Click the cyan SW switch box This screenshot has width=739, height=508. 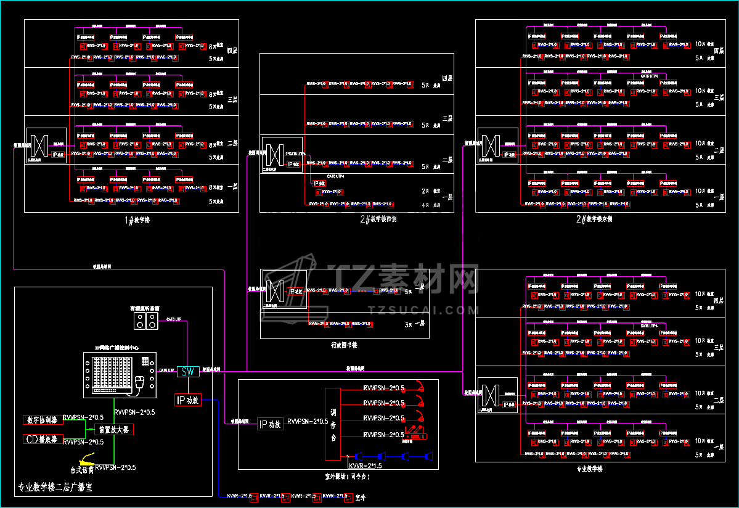[188, 371]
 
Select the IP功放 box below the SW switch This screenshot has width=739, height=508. [188, 400]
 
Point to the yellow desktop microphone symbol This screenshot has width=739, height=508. [86, 459]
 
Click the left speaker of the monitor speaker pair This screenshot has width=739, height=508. [141, 321]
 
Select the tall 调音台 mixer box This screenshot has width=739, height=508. [333, 424]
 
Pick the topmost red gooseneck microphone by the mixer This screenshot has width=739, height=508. [419, 387]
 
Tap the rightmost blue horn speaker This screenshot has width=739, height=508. [428, 457]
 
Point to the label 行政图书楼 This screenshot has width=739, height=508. [348, 345]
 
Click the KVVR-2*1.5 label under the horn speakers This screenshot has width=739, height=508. [365, 466]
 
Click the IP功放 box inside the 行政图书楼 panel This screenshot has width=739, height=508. [295, 291]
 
